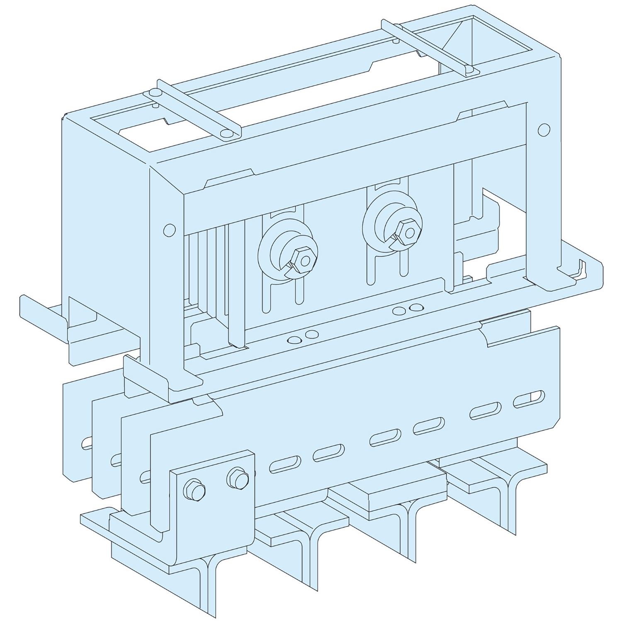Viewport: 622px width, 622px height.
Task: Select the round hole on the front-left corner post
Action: point(169,230)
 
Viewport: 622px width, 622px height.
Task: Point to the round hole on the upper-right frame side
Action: point(544,130)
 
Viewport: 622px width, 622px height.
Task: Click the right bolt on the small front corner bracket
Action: point(238,479)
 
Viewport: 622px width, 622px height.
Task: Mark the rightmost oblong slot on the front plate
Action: point(529,399)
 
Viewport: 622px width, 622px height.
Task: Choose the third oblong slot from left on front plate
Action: point(385,437)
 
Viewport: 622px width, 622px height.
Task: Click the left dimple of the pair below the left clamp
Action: point(294,340)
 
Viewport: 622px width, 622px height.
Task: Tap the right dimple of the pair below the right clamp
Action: point(414,308)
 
